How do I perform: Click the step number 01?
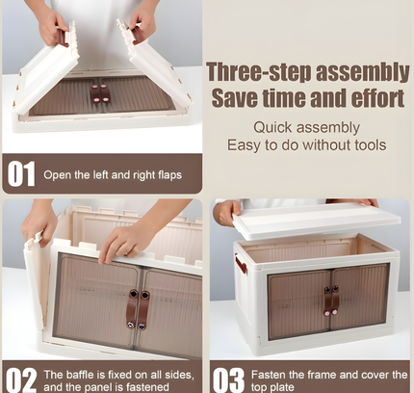(21, 173)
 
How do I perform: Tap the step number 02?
(21, 380)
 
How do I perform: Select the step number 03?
(228, 380)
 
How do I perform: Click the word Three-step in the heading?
(259, 72)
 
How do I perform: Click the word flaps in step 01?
(169, 175)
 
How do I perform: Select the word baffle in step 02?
(80, 375)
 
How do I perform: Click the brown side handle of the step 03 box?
(241, 264)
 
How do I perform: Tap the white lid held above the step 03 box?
(317, 221)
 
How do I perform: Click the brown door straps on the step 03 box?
(331, 301)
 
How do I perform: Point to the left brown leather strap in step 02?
(133, 309)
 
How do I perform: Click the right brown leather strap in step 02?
(143, 310)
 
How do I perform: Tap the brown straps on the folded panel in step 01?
(100, 93)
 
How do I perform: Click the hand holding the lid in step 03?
(227, 212)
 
